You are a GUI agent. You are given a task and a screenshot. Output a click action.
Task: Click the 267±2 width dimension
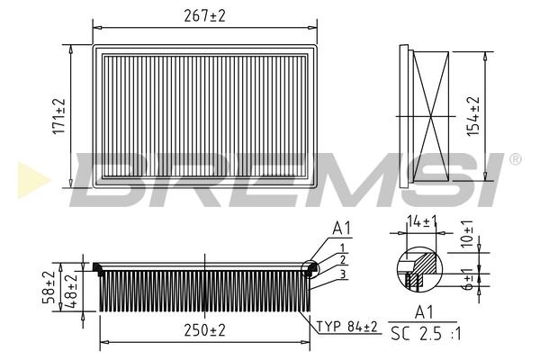click(204, 16)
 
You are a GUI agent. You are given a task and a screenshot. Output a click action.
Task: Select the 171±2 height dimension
click(58, 116)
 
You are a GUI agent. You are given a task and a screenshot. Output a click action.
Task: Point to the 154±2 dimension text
click(473, 116)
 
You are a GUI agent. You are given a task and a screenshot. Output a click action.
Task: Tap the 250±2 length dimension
click(204, 330)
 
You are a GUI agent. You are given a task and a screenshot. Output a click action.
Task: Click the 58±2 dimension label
click(49, 286)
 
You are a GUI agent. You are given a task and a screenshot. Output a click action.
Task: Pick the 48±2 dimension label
click(71, 291)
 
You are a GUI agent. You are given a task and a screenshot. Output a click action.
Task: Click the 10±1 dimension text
click(467, 234)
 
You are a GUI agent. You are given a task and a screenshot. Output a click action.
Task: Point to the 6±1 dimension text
click(468, 279)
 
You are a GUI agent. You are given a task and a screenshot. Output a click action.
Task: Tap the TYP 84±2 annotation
click(347, 327)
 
